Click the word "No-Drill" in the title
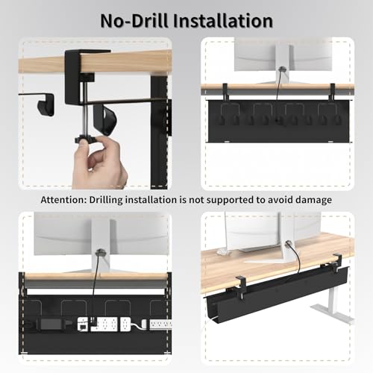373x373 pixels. pyautogui.click(x=134, y=21)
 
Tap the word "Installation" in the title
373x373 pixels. pyautogui.click(x=223, y=21)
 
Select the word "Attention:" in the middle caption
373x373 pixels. pyautogui.click(x=63, y=200)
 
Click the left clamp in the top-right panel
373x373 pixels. pyautogui.click(x=225, y=92)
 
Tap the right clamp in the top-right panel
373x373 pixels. pyautogui.click(x=332, y=92)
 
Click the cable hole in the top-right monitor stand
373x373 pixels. pyautogui.click(x=281, y=69)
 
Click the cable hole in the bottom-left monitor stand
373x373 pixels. pyautogui.click(x=100, y=252)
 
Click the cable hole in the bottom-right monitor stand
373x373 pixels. pyautogui.click(x=288, y=243)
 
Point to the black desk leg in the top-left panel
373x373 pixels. pyautogui.click(x=159, y=132)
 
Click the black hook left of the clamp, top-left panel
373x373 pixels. pyautogui.click(x=46, y=107)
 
